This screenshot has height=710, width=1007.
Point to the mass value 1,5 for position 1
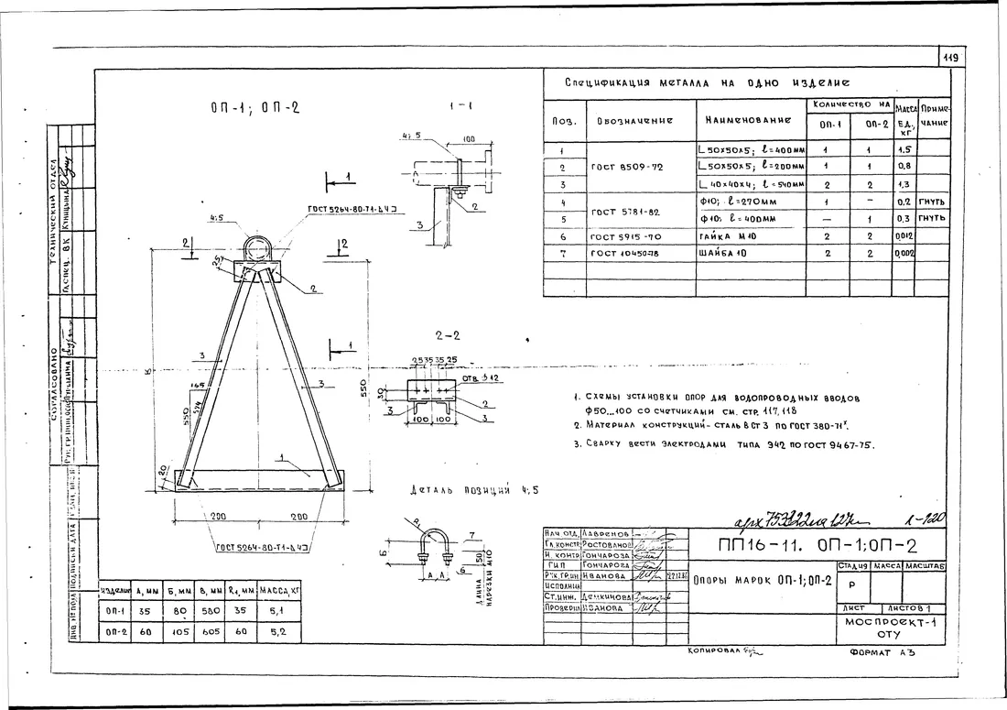(x=904, y=150)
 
